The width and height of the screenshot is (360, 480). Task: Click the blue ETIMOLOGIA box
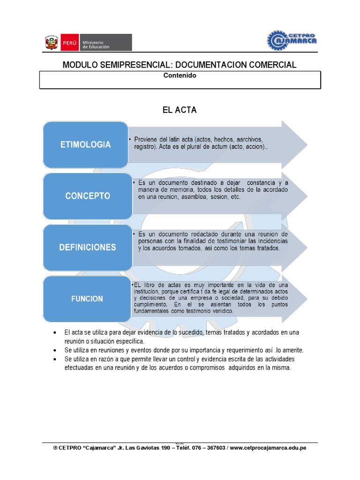click(85, 144)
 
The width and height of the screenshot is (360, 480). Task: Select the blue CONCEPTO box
click(88, 196)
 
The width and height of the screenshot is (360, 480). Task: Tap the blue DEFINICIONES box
click(88, 247)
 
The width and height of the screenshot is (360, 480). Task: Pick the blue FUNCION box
click(87, 299)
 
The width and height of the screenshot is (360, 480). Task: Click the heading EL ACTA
click(180, 110)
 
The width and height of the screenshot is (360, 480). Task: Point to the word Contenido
click(180, 75)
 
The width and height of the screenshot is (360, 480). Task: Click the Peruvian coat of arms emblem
click(51, 42)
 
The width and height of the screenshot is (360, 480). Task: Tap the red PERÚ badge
click(68, 42)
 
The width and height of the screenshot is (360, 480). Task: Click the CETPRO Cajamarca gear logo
click(292, 40)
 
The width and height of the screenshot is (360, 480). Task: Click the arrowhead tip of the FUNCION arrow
click(306, 298)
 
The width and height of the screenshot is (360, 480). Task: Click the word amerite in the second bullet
click(292, 350)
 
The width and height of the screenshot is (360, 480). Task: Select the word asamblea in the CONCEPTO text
click(192, 197)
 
